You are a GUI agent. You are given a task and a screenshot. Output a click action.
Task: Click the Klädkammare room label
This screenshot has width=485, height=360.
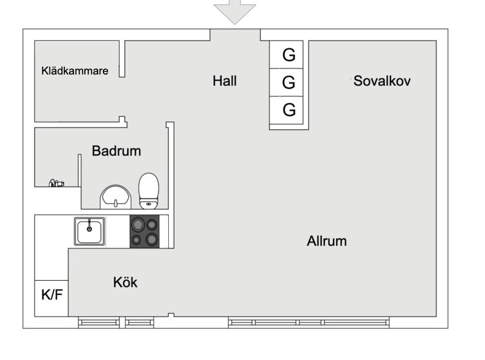(x=75, y=71)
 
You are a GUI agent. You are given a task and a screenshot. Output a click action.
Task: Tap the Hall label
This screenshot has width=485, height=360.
(x=225, y=81)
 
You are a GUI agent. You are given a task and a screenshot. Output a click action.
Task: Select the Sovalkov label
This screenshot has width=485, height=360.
(x=382, y=81)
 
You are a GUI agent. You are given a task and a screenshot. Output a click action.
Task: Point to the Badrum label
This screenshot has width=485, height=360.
(x=116, y=151)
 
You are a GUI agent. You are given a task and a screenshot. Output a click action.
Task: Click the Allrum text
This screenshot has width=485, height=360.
(x=327, y=241)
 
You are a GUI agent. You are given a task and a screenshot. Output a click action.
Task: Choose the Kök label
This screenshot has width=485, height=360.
(x=125, y=282)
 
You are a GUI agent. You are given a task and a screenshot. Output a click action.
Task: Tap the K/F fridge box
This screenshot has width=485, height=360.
(x=52, y=295)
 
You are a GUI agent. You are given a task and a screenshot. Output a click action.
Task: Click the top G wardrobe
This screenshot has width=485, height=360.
(x=289, y=54)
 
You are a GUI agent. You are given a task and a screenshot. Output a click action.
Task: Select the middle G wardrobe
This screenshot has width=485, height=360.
(x=289, y=83)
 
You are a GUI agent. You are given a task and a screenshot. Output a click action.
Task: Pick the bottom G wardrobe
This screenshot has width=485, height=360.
(x=289, y=110)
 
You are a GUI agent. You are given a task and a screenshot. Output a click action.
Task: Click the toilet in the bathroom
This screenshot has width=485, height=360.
(x=148, y=191)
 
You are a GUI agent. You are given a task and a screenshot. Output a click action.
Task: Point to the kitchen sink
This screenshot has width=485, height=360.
(x=89, y=231)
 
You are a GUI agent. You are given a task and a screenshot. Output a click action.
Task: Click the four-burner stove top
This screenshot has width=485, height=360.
(x=145, y=232)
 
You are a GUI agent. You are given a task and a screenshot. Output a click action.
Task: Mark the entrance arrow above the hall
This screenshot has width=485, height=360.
(x=235, y=10)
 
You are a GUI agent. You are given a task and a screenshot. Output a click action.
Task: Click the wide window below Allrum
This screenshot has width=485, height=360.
(x=309, y=322)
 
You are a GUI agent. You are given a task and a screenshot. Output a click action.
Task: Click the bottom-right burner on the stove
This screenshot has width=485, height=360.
(x=152, y=239)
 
